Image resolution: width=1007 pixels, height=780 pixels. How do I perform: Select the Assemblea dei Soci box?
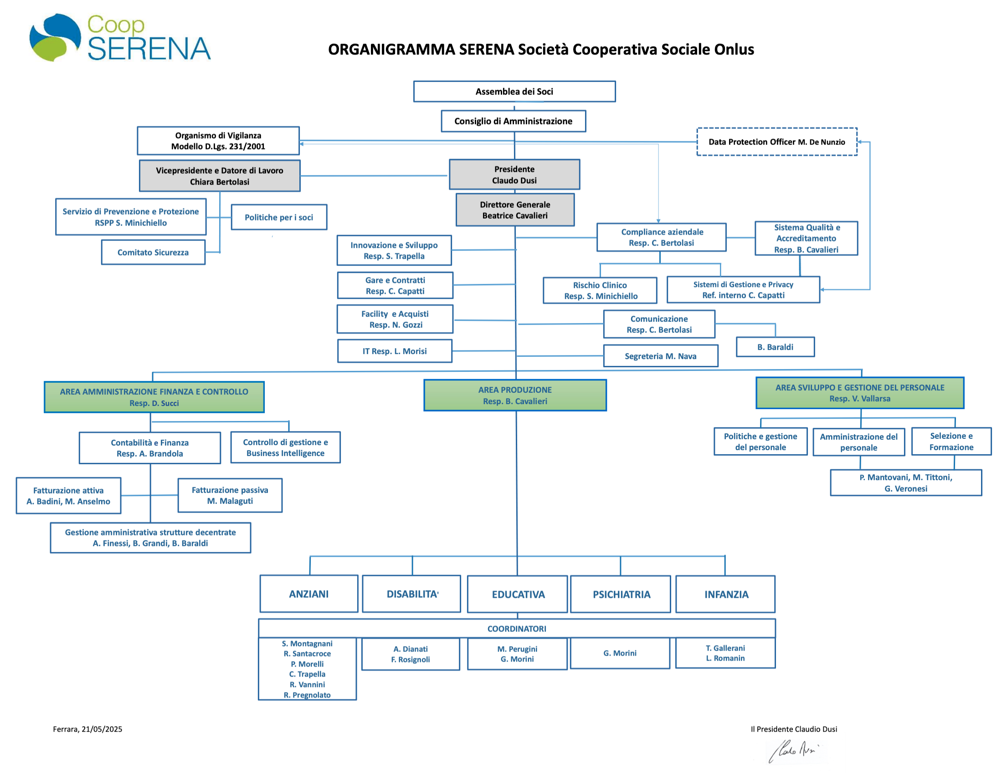(514, 91)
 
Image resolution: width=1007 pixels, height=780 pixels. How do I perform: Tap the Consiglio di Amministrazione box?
(513, 121)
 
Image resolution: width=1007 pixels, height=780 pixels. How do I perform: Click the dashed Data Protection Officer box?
(776, 142)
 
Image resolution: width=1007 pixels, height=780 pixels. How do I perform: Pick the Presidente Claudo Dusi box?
(514, 174)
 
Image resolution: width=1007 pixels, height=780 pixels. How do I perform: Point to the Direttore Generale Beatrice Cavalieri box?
(514, 210)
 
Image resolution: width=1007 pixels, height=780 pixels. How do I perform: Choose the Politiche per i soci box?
(278, 217)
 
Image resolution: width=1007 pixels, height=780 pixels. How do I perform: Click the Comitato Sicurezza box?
(153, 252)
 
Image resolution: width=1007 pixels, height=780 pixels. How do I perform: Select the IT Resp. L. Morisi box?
(394, 351)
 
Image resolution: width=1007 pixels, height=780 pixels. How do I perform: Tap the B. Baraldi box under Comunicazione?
(775, 347)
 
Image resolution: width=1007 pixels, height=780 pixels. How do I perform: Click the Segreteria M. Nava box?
(660, 356)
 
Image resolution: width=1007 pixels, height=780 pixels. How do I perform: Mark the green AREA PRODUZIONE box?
(514, 395)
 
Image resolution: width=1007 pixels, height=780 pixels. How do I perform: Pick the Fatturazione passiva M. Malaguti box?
(230, 495)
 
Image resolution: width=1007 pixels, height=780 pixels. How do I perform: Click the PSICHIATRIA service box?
(621, 594)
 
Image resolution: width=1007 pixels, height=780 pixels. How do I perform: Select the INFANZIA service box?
(725, 594)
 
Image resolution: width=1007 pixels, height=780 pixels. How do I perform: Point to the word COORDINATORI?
(516, 628)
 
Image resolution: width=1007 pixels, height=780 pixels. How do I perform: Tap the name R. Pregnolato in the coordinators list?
(307, 695)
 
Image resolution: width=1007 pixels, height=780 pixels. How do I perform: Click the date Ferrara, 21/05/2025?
(87, 729)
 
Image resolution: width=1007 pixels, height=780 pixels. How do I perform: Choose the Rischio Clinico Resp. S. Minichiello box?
(600, 290)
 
